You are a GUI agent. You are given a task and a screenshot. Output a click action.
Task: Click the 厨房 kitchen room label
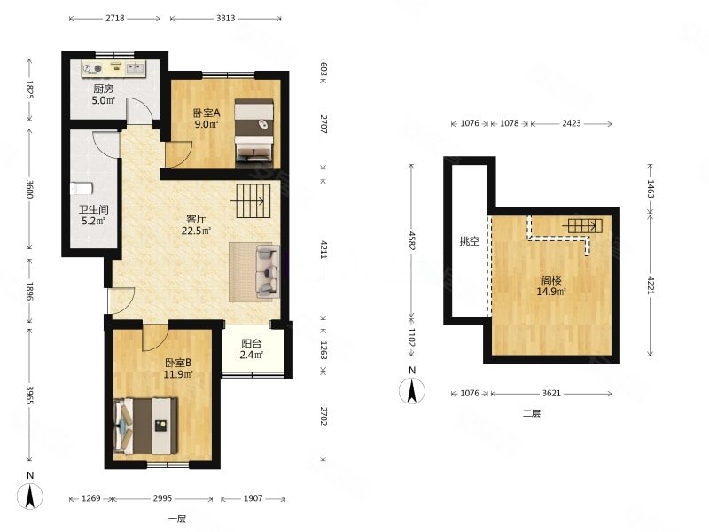(x=104, y=90)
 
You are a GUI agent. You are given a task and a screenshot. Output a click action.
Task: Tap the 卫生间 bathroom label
(x=94, y=210)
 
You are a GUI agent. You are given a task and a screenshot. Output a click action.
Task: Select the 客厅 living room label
(x=196, y=219)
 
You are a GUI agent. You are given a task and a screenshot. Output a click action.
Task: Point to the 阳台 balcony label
(x=252, y=344)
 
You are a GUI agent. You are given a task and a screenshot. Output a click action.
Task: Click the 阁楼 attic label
(x=551, y=280)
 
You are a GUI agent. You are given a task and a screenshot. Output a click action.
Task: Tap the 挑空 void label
(x=470, y=241)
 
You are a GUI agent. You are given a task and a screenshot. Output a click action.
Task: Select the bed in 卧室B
(x=145, y=426)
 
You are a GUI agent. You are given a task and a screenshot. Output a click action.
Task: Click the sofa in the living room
(x=268, y=271)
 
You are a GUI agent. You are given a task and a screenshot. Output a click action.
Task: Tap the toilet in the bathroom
(x=82, y=188)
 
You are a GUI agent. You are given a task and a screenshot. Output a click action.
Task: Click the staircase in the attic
(x=585, y=225)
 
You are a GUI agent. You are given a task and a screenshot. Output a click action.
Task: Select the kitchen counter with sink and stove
(x=113, y=68)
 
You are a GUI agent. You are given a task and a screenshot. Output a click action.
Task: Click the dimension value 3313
(x=226, y=18)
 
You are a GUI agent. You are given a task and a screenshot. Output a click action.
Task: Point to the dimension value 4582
(x=411, y=240)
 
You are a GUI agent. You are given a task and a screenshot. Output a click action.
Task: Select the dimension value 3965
(x=30, y=395)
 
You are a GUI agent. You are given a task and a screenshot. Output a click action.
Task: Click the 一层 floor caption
(x=176, y=519)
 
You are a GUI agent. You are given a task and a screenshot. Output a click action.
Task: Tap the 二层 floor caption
(x=531, y=412)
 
